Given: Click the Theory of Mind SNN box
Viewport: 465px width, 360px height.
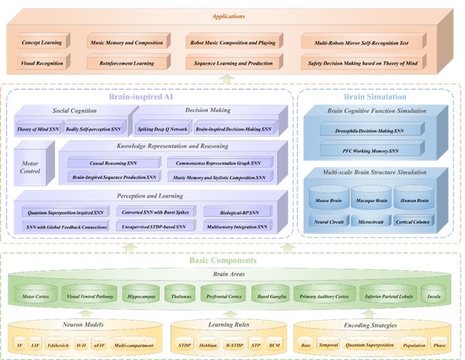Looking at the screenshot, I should [x=37, y=130].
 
